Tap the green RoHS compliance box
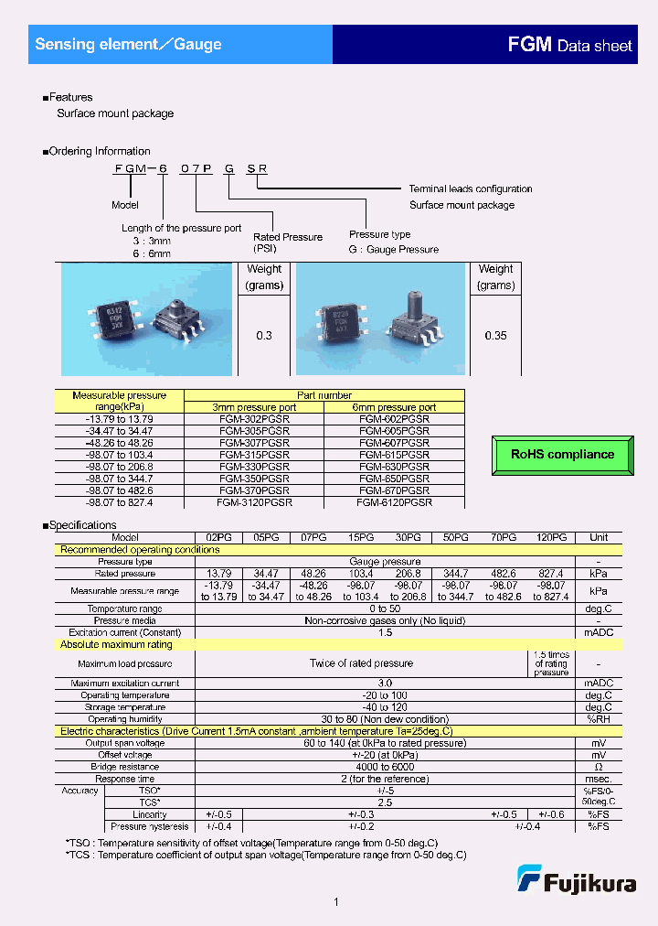562,455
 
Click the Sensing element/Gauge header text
128,44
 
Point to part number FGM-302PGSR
254,418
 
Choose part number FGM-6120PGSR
394,502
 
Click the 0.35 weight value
495,336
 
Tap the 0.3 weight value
264,336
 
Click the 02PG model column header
218,538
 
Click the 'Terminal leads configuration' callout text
470,188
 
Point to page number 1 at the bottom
336,903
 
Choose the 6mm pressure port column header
394,407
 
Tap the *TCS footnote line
265,855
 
